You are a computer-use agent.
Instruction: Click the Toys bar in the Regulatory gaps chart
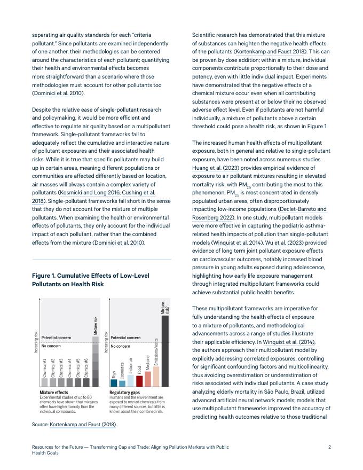click(114, 382)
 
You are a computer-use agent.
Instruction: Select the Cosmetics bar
click(122, 383)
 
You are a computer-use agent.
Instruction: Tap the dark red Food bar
click(139, 381)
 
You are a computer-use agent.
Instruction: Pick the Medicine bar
click(148, 379)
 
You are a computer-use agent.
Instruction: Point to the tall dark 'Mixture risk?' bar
click(165, 350)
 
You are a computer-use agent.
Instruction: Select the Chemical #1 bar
click(45, 382)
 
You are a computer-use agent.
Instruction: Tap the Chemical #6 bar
click(86, 382)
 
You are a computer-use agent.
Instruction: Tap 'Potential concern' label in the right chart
click(125, 338)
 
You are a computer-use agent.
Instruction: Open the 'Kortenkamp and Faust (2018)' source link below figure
click(83, 425)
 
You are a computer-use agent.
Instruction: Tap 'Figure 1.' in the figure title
click(47, 276)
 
